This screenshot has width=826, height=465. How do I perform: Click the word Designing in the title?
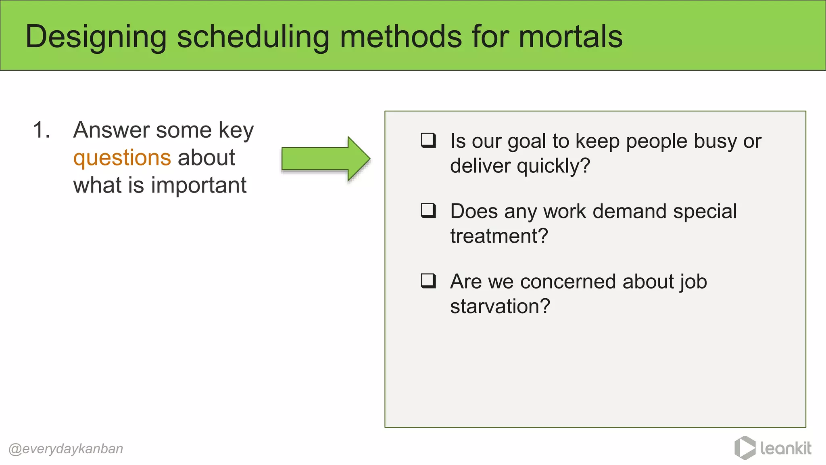point(96,37)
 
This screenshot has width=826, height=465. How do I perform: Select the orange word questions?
point(122,158)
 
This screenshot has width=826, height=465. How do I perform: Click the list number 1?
point(42,130)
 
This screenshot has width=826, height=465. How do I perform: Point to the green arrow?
point(325,159)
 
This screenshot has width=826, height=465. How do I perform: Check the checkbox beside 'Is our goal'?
point(428,140)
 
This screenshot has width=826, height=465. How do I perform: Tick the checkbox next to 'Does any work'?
point(428,210)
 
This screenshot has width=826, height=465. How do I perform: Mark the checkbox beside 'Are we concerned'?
point(428,281)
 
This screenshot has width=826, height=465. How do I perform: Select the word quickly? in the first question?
point(553,166)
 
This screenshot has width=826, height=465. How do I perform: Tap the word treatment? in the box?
point(499,236)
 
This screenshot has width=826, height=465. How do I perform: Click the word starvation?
point(500,306)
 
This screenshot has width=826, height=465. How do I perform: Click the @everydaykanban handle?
point(66,449)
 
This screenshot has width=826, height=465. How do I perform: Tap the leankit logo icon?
point(745,448)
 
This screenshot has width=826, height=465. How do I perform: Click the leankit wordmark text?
point(786,448)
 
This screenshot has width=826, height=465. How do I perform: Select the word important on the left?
point(198,186)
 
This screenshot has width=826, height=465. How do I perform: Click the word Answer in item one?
point(112,130)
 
